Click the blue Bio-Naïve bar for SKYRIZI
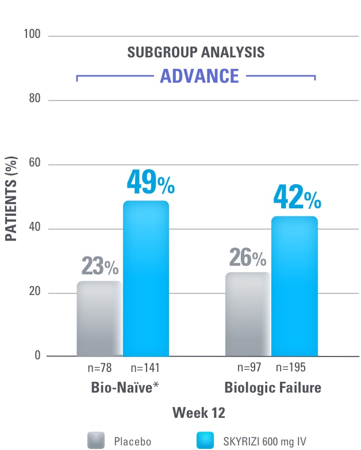(x=146, y=278)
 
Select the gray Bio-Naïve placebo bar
(x=99, y=319)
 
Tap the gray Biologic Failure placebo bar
(x=248, y=314)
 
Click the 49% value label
(x=149, y=183)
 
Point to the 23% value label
(x=99, y=266)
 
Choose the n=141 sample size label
(x=145, y=368)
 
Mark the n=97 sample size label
(x=249, y=367)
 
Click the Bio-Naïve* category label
(x=125, y=389)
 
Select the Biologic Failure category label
(x=272, y=389)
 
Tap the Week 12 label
(x=197, y=413)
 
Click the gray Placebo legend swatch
(x=96, y=440)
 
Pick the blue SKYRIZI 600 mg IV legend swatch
(x=205, y=440)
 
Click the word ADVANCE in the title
(x=199, y=76)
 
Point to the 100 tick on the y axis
(x=33, y=35)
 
